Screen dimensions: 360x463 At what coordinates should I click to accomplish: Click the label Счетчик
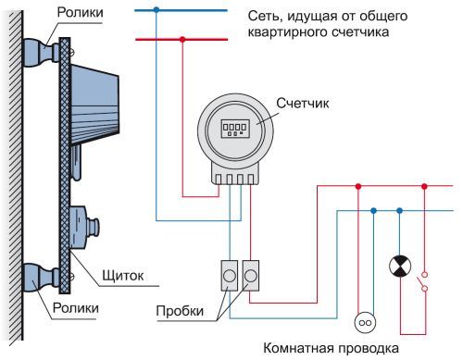[x=302, y=106]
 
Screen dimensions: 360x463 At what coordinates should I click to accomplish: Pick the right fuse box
[x=251, y=276]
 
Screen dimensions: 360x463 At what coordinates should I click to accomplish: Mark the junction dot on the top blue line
[x=156, y=11]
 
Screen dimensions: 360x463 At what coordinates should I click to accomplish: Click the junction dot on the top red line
[x=182, y=40]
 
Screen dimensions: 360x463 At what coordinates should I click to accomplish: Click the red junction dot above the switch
[x=425, y=186]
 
